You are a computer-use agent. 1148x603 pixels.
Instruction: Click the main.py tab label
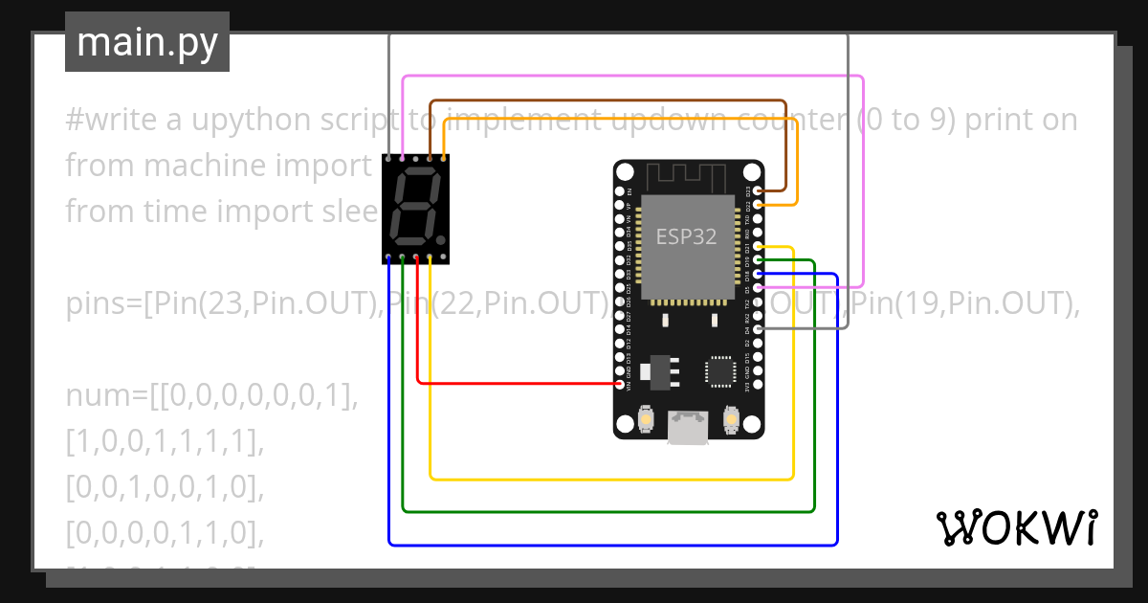tap(146, 42)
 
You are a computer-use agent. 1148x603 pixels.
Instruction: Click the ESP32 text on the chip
tap(686, 236)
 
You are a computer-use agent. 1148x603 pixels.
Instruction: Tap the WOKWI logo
tap(1017, 527)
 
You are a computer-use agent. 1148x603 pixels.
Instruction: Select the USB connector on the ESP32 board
tap(689, 427)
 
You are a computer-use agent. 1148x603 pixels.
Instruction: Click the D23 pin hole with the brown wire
tap(758, 191)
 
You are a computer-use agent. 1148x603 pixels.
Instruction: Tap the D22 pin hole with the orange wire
tap(758, 205)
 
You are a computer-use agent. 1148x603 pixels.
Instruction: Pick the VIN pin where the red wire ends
tap(620, 384)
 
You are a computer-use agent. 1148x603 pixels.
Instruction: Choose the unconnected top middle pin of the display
tap(416, 158)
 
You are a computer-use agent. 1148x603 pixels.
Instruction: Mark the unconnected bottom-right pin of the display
tap(444, 257)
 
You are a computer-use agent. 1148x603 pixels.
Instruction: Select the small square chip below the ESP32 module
tap(719, 370)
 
